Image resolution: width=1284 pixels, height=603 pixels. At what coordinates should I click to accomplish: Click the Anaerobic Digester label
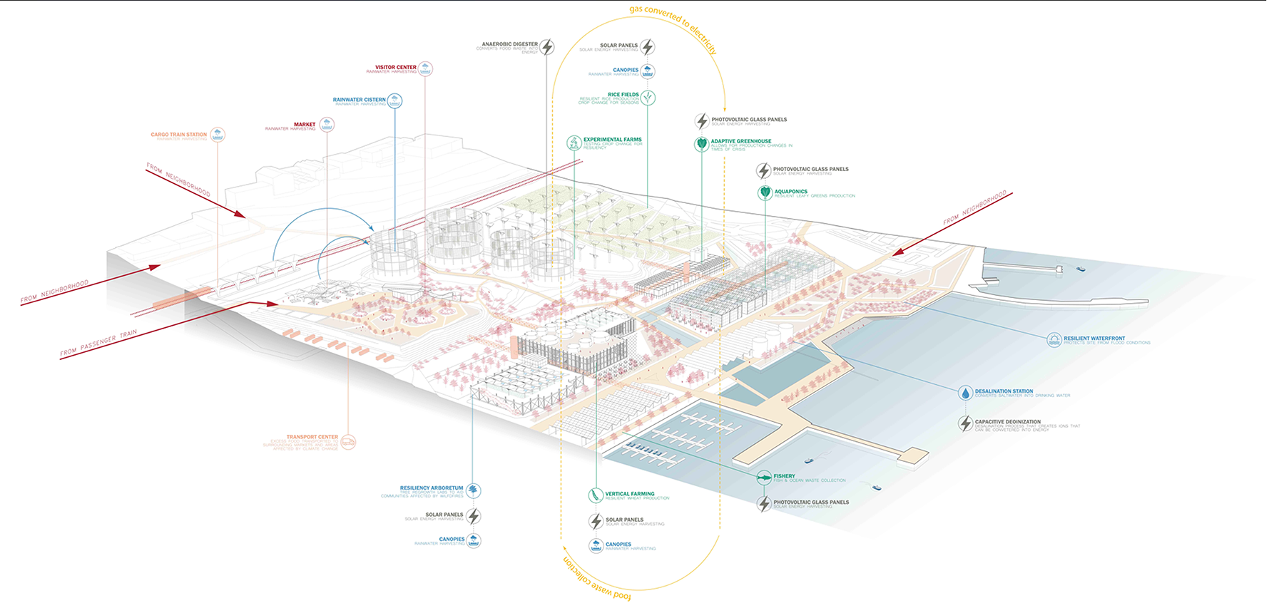509,44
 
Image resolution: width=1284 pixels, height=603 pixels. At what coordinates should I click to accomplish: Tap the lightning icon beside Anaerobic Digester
546,47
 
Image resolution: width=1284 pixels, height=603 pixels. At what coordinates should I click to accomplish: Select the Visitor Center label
395,67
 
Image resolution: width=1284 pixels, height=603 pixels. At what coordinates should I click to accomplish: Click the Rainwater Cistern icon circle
394,101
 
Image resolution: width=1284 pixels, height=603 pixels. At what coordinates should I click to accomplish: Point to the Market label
304,124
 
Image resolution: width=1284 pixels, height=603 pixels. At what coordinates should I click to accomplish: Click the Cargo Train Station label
178,134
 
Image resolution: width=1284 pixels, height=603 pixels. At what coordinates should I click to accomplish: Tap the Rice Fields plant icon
648,98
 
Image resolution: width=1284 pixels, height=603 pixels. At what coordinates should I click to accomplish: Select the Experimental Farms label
612,140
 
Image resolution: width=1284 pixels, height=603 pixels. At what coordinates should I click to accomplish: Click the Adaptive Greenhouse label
740,141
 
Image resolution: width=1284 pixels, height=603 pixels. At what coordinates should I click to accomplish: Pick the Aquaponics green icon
765,192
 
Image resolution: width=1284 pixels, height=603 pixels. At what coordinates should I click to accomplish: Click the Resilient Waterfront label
1094,339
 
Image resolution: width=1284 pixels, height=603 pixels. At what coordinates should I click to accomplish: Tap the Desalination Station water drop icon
965,393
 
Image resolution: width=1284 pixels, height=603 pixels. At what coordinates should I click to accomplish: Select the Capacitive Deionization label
1007,422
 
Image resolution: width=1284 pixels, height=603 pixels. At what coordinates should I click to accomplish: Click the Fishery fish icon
764,478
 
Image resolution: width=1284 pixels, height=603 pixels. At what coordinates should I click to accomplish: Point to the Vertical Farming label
629,493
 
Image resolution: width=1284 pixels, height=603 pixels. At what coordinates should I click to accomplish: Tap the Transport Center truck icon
348,442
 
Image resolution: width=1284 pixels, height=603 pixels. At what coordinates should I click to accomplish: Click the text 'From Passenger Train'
98,343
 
